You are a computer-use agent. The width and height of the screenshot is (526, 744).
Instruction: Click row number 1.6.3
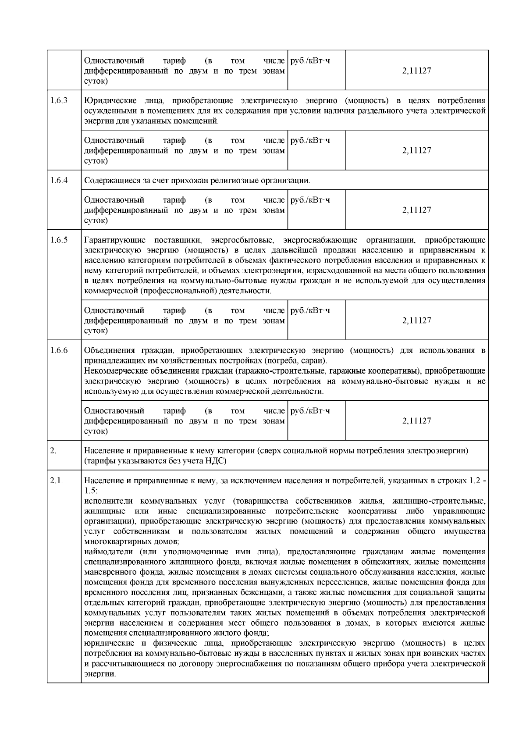(59, 100)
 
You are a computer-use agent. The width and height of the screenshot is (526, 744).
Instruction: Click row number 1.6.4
(59, 180)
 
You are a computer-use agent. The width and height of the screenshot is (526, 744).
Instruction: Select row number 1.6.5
(59, 240)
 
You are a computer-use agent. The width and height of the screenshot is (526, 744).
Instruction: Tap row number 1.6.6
(59, 350)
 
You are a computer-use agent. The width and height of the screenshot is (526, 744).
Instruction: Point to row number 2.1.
(57, 481)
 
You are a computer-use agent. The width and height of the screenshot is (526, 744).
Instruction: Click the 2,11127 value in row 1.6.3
(416, 150)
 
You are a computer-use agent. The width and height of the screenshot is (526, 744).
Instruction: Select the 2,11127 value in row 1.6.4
(416, 210)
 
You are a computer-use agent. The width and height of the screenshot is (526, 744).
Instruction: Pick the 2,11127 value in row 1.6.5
(416, 320)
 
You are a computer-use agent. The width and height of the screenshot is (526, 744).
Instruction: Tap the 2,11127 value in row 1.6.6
(416, 421)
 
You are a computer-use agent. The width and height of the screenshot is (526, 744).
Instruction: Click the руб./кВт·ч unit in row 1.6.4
(310, 200)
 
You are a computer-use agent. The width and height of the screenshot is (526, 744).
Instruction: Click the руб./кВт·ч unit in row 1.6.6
(310, 411)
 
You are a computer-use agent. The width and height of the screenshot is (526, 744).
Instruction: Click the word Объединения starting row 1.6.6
(107, 351)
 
